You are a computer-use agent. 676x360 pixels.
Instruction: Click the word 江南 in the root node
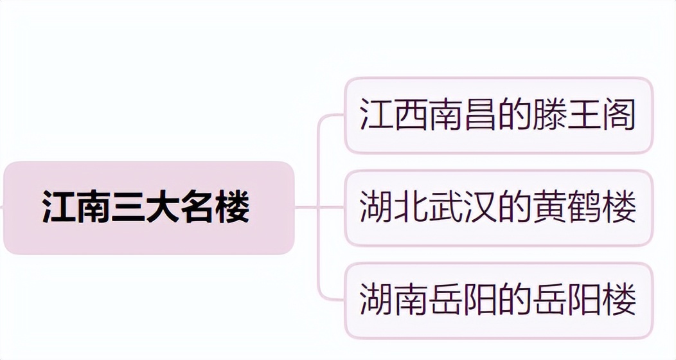(x=77, y=208)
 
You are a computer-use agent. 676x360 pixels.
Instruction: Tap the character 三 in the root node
(x=129, y=208)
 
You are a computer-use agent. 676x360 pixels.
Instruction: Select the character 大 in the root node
(x=164, y=208)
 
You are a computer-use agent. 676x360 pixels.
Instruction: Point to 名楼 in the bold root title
(x=215, y=208)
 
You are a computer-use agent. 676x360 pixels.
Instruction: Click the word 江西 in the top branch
(x=395, y=115)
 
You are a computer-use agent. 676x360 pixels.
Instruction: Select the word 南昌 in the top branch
(x=464, y=115)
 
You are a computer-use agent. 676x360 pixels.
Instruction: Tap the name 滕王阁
(x=585, y=115)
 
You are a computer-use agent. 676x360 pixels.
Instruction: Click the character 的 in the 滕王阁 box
(x=515, y=115)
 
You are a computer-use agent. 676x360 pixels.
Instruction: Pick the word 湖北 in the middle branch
(x=395, y=208)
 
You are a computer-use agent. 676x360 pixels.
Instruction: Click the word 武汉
(x=464, y=208)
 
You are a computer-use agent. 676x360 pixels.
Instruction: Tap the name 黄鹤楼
(x=585, y=208)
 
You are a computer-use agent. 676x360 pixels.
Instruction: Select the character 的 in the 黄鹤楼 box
(x=515, y=208)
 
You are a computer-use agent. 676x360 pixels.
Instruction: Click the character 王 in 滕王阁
(x=585, y=115)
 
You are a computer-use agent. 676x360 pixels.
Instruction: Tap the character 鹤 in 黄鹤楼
(x=585, y=208)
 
